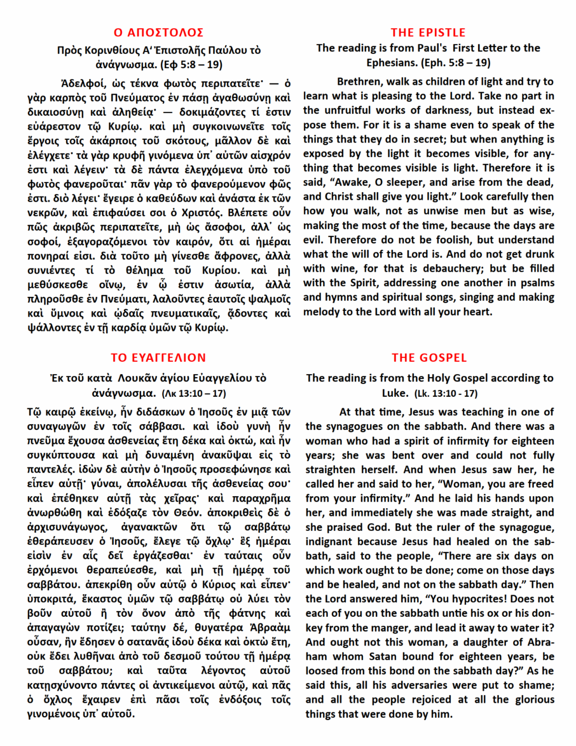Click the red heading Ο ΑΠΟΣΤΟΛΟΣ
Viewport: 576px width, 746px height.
[158, 33]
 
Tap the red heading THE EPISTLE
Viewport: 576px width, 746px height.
[428, 33]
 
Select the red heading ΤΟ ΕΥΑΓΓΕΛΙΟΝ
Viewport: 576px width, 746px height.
[158, 358]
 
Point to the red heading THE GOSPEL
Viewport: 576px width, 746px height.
[429, 358]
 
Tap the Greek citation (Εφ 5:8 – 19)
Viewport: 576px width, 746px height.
[192, 64]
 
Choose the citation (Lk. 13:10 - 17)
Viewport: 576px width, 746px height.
[446, 393]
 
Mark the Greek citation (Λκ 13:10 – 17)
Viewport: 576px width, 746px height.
[194, 393]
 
